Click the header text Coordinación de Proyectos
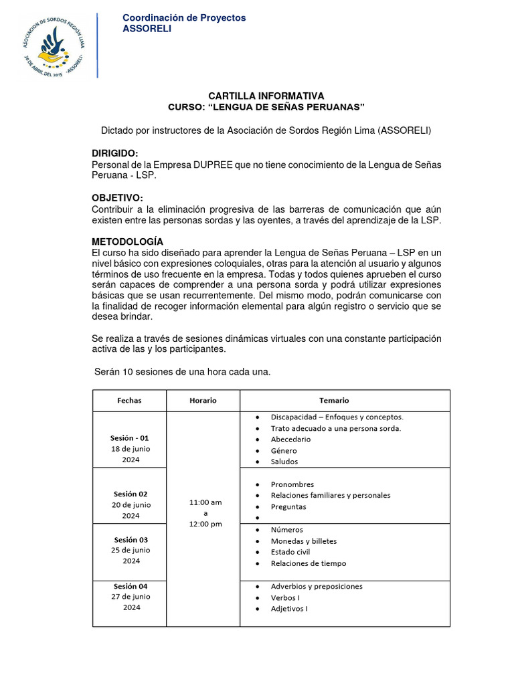coord(184,17)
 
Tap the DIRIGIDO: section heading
coord(115,154)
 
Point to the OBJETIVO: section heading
coord(117,197)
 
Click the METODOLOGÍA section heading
coord(127,241)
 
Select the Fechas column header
coord(129,400)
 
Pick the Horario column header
coord(203,400)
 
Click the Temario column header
coord(334,400)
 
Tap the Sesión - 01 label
coord(129,438)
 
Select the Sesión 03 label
coord(131,539)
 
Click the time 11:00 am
coord(205,502)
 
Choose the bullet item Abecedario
coord(290,439)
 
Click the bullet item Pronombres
coord(292,484)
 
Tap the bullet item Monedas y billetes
coord(303,541)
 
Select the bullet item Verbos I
coord(285,598)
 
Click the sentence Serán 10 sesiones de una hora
coord(182,372)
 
